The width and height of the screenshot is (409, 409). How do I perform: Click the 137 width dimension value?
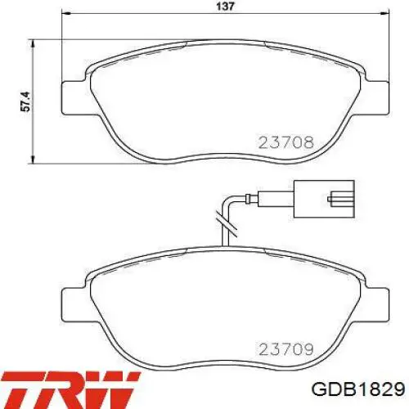click(x=225, y=6)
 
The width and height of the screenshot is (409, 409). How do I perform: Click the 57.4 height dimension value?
click(x=25, y=101)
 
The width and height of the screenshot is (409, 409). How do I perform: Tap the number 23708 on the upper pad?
click(x=286, y=142)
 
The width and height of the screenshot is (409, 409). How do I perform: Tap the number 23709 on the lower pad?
click(x=286, y=349)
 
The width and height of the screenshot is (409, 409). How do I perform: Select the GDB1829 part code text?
click(x=358, y=389)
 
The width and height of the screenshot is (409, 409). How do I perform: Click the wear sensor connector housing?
click(x=324, y=199)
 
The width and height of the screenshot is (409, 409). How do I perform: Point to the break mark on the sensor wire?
click(x=226, y=223)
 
